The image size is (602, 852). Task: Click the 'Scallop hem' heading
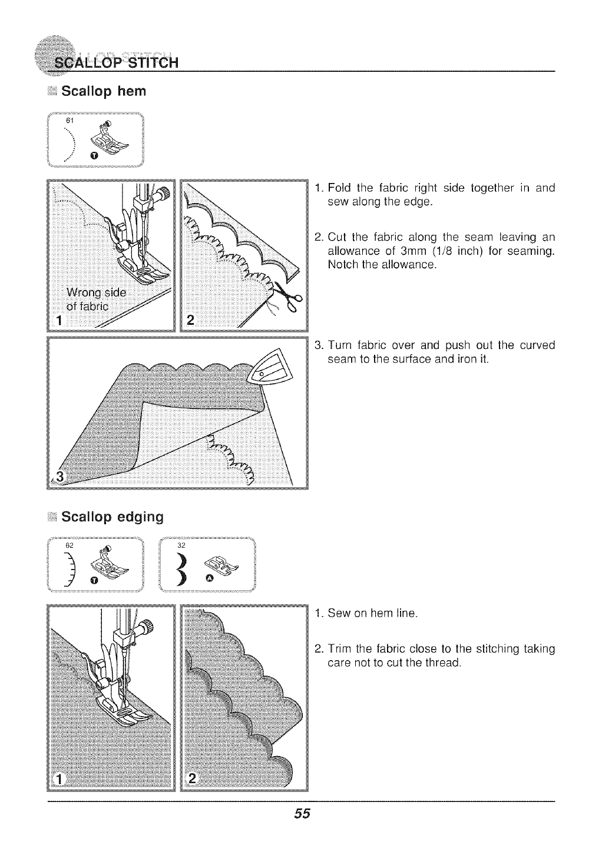pos(103,92)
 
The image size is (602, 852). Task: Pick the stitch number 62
pos(70,545)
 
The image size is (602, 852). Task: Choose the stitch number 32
pos(181,545)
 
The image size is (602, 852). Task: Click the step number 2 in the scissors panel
pos(190,320)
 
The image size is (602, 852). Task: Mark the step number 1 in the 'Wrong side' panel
pos(59,320)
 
